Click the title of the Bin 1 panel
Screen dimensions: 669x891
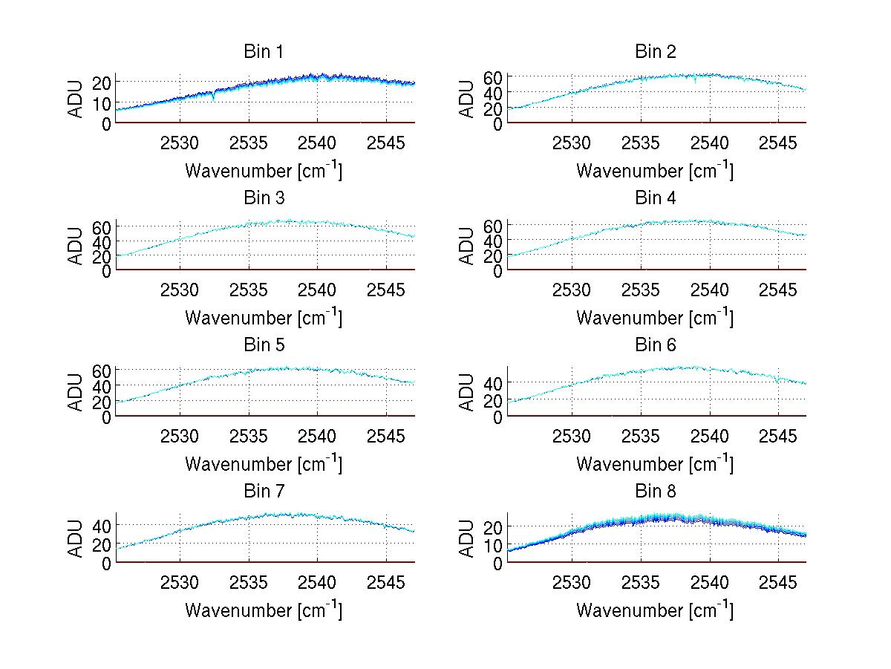pyautogui.click(x=264, y=52)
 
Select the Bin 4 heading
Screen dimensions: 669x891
pyautogui.click(x=655, y=198)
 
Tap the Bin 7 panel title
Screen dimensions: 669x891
pyautogui.click(x=264, y=492)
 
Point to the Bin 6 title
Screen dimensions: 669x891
pyautogui.click(x=655, y=345)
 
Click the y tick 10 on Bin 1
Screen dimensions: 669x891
pyautogui.click(x=102, y=102)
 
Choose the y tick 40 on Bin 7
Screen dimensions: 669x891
pyautogui.click(x=102, y=525)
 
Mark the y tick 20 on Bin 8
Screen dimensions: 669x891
pyautogui.click(x=493, y=526)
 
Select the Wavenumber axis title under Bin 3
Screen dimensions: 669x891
pyautogui.click(x=264, y=317)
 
